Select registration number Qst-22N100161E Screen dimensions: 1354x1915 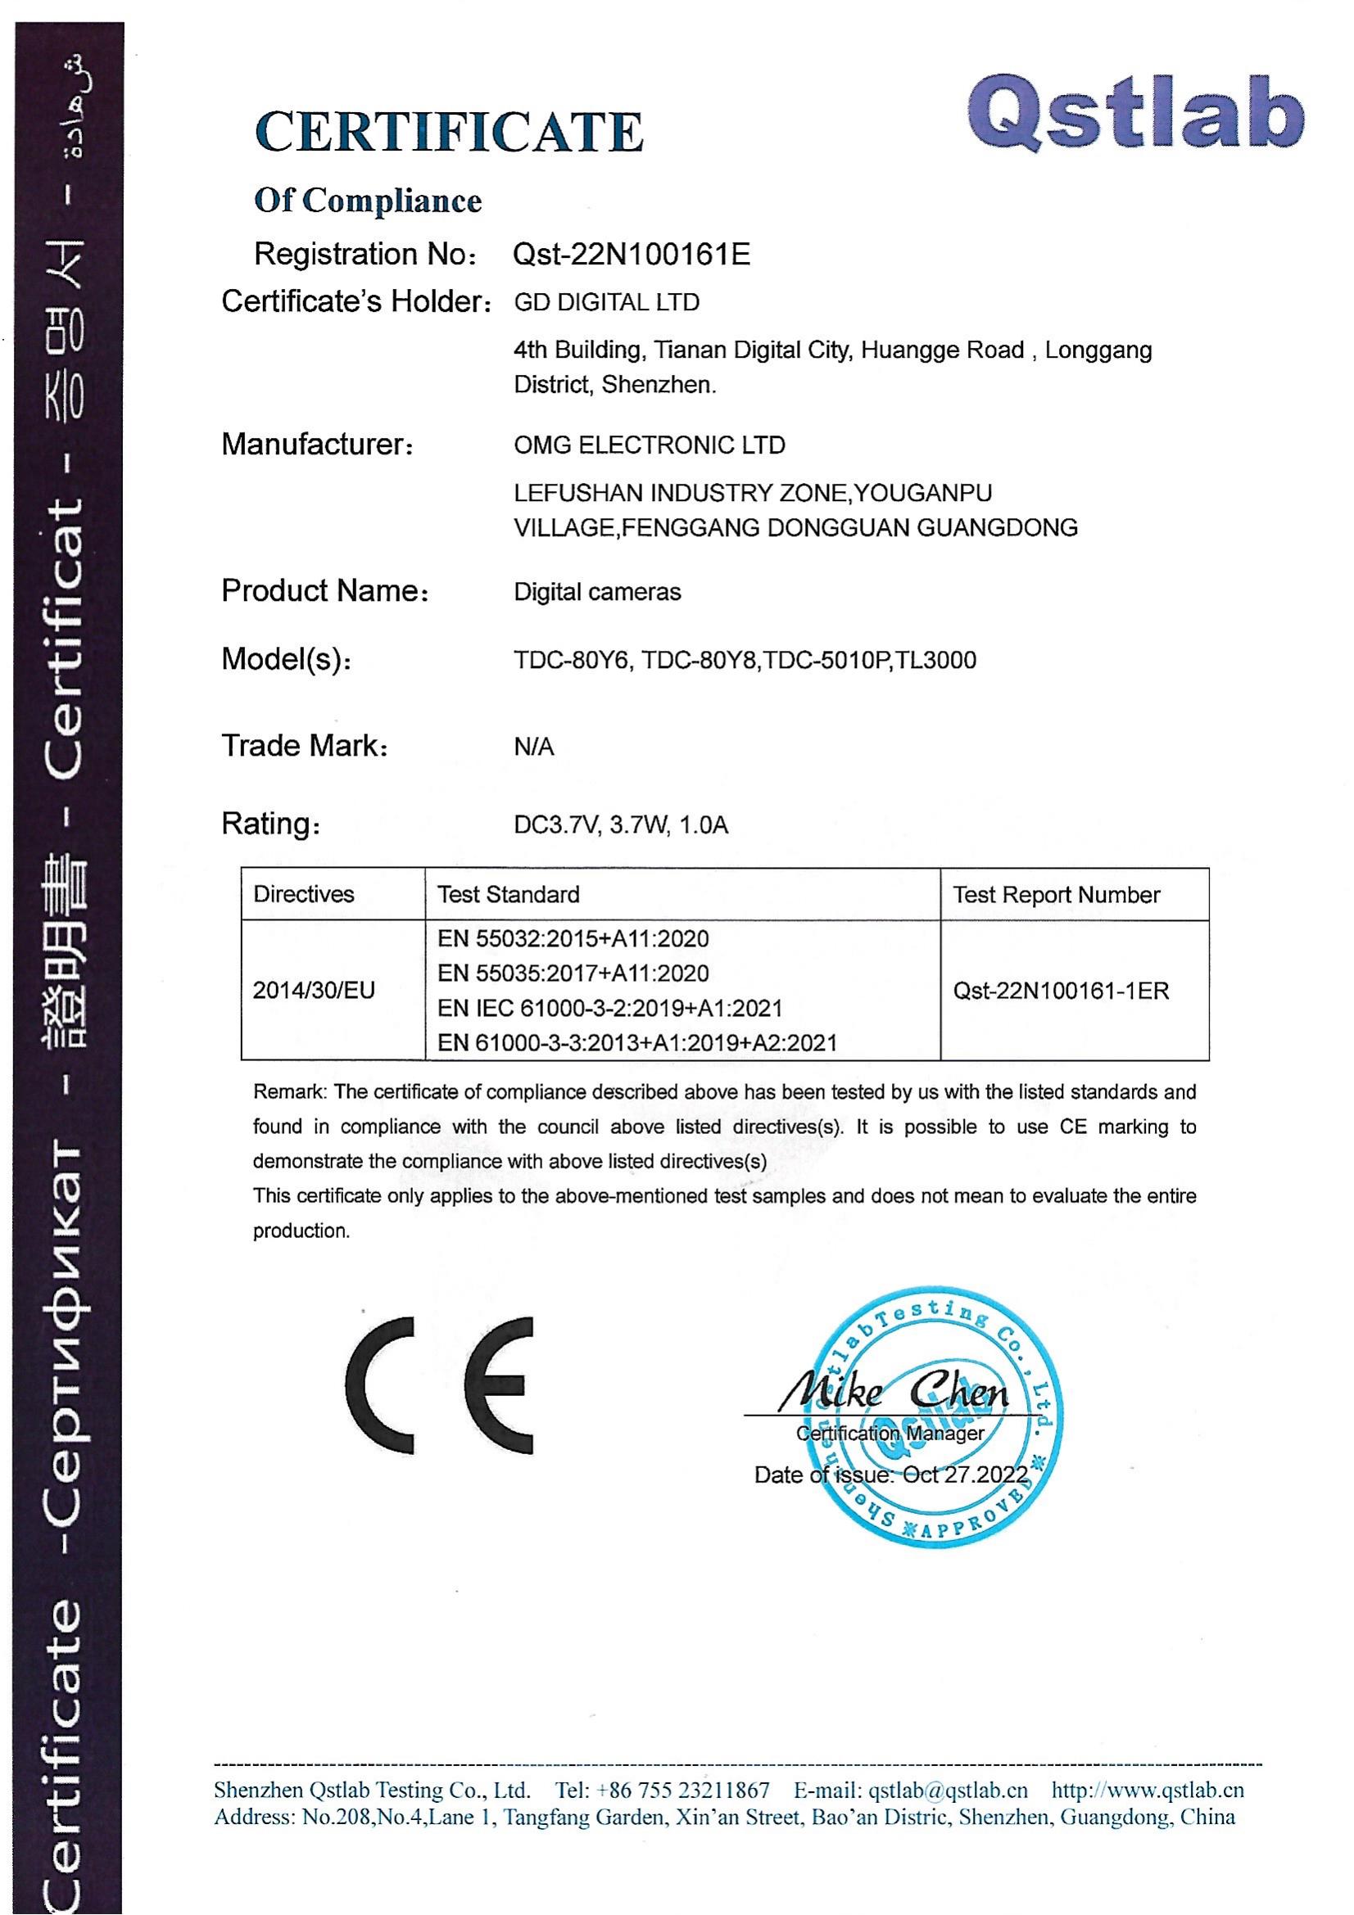631,254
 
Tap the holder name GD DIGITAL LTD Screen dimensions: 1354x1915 606,302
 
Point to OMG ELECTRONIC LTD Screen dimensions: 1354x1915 649,445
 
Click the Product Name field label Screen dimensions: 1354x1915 324,591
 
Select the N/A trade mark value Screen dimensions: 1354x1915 534,747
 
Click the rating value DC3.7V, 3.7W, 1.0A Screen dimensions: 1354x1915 621,825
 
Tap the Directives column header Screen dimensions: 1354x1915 304,894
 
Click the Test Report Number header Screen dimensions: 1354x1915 1056,895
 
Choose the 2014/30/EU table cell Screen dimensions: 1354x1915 314,990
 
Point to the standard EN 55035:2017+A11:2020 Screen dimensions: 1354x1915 573,973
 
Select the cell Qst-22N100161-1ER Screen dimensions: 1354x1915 1060,991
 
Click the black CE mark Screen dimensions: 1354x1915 439,1385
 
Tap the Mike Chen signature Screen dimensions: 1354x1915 893,1390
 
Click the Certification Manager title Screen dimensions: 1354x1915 890,1433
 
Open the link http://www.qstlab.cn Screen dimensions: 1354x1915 1147,1790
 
